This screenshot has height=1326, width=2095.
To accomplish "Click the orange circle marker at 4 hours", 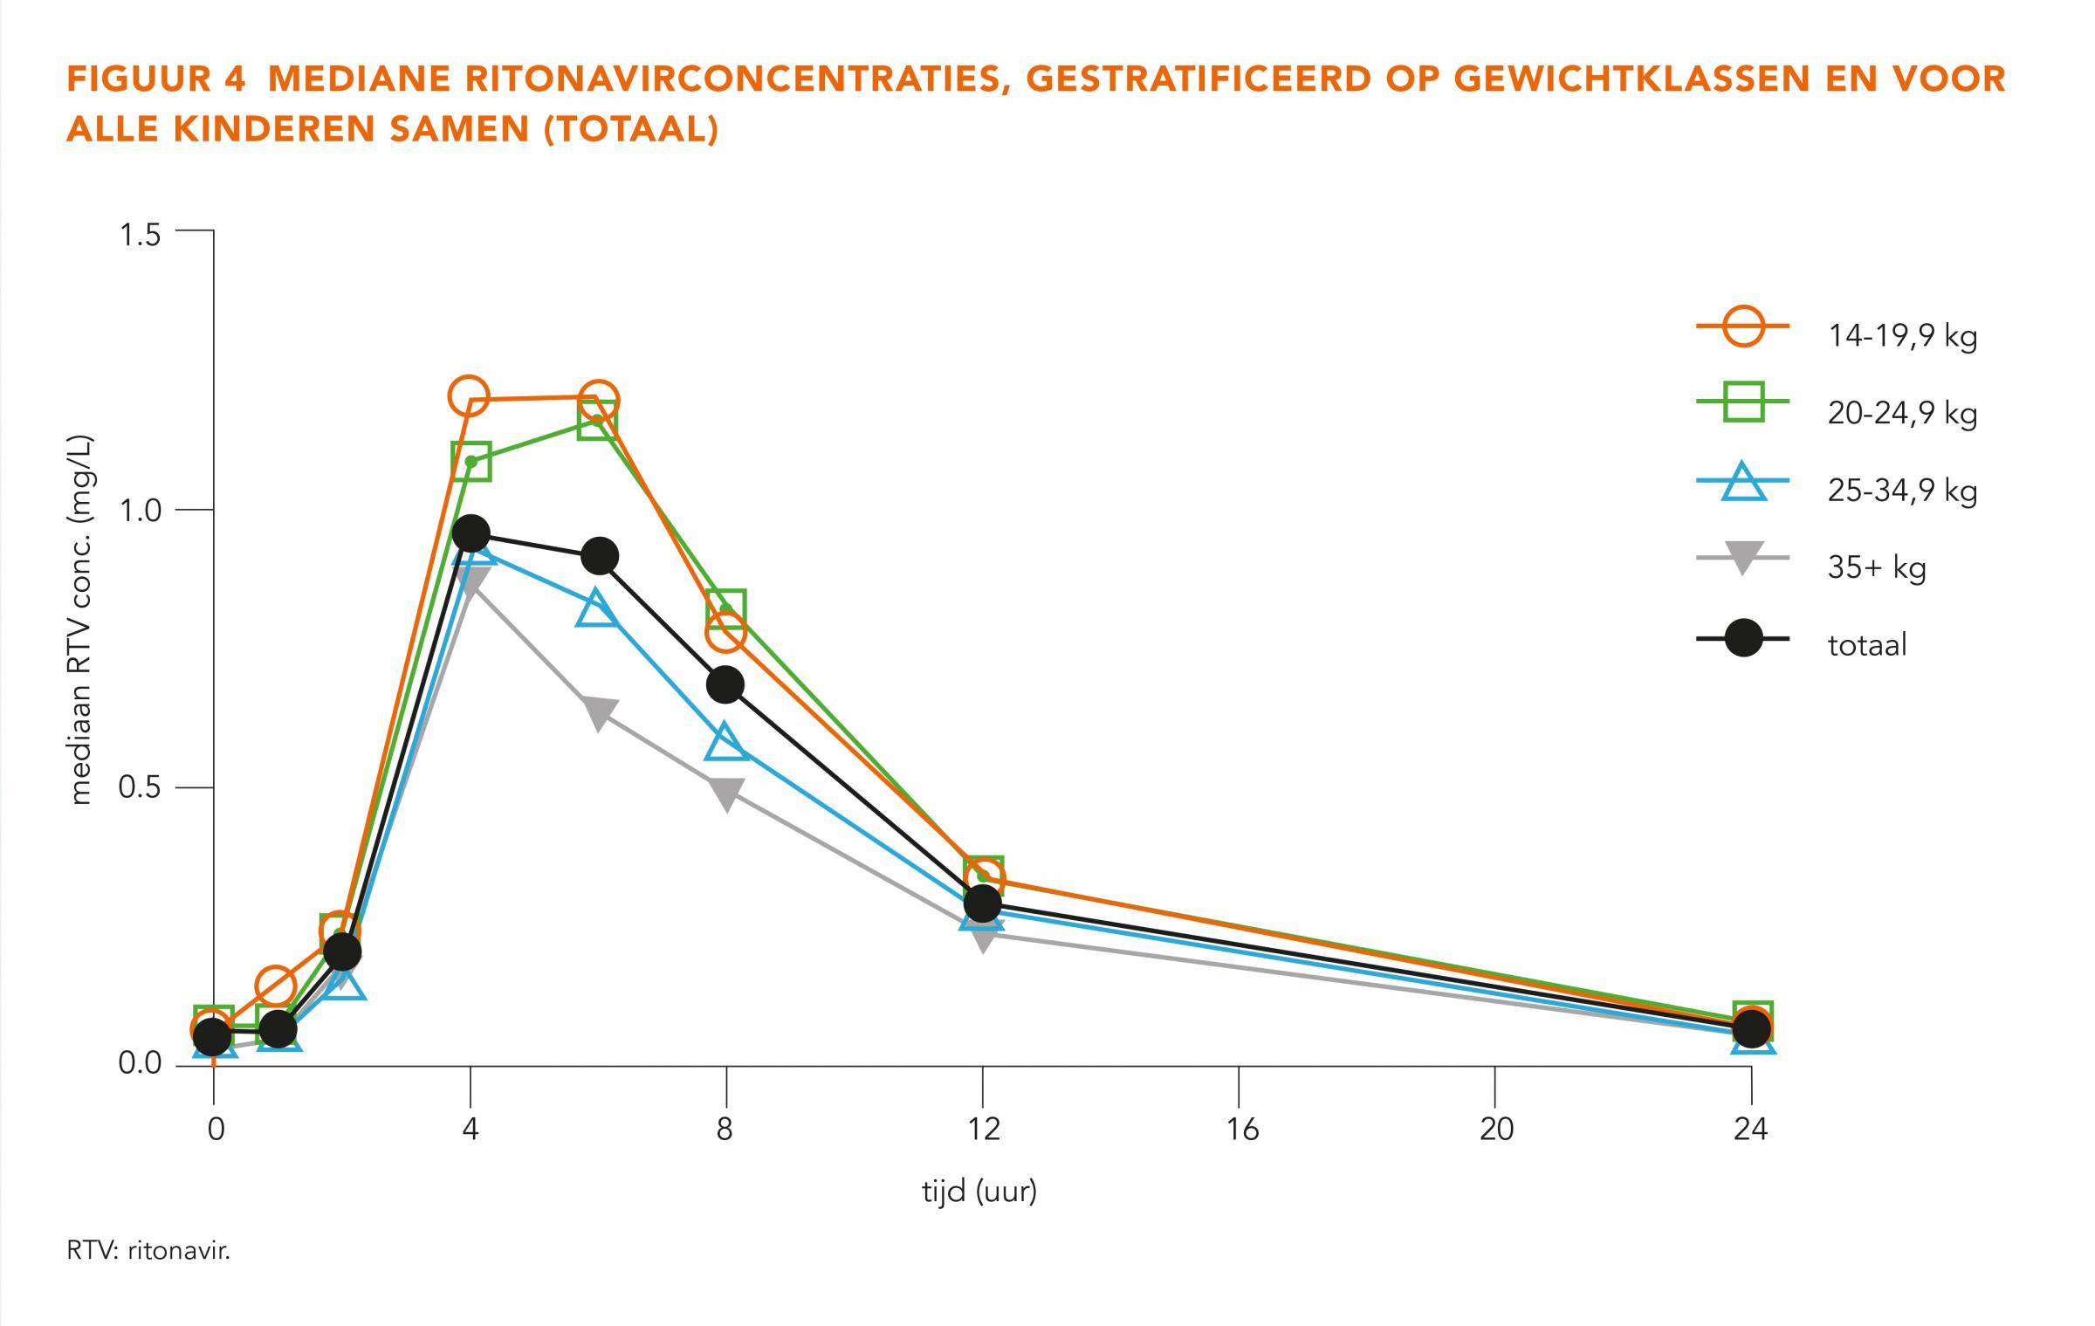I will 469,396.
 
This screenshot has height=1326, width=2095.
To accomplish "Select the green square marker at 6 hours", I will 597,422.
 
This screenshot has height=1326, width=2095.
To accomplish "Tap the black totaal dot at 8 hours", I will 725,685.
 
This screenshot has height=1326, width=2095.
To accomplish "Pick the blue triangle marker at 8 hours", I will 727,743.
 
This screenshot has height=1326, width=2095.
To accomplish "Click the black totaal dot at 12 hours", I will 983,903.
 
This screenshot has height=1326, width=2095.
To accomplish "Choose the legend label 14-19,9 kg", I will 1902,336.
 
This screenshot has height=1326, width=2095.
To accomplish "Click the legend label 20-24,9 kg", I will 1902,414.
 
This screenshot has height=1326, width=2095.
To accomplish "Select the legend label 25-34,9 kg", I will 1902,491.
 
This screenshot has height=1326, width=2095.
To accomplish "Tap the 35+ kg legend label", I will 1877,568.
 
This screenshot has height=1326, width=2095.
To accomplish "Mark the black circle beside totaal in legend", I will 1743,639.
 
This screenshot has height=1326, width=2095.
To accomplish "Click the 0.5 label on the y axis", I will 139,788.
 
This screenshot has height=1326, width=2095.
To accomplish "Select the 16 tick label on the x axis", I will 1241,1130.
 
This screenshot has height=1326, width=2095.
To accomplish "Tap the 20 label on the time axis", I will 1496,1130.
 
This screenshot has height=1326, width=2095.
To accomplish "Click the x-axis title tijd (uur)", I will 979,1192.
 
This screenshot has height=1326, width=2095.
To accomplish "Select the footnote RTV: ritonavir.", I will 148,1251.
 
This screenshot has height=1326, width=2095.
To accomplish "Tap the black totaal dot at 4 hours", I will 471,533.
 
